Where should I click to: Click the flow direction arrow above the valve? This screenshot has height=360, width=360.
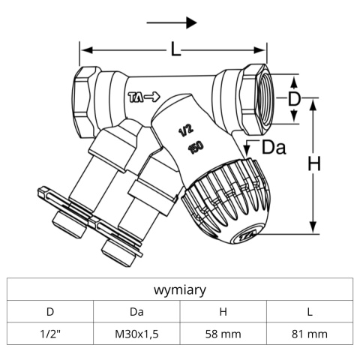click(x=172, y=22)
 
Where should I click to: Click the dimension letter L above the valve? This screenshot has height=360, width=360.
click(x=175, y=49)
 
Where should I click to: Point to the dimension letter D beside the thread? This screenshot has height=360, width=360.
click(x=294, y=99)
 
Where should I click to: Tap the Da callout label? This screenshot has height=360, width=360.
click(x=274, y=148)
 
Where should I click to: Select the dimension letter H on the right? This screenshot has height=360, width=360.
click(x=314, y=163)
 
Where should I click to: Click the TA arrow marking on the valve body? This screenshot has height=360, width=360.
click(x=144, y=97)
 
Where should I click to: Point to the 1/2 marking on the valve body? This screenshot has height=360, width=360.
click(x=186, y=131)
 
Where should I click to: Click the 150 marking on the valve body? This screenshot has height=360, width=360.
click(x=196, y=148)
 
